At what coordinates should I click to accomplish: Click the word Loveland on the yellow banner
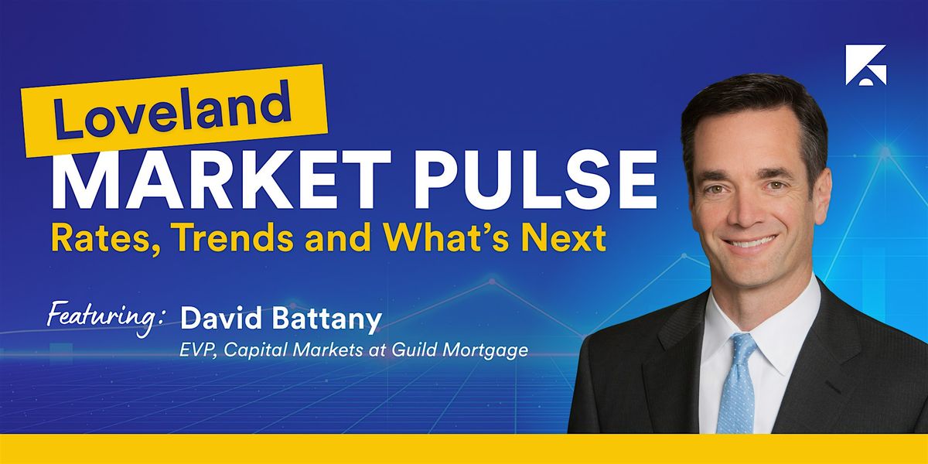(x=172, y=111)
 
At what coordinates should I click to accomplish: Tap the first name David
(x=221, y=319)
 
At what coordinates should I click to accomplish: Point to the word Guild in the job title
(x=415, y=350)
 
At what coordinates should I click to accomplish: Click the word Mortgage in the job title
(x=486, y=351)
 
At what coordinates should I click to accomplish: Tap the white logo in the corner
(x=866, y=65)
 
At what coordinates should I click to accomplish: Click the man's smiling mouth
(x=750, y=241)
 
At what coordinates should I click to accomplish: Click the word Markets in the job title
(x=328, y=350)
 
